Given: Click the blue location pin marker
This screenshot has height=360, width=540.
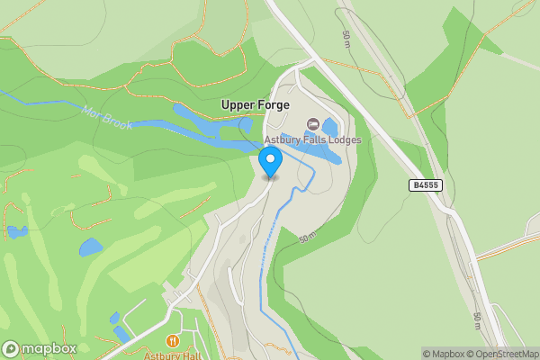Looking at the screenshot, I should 270,163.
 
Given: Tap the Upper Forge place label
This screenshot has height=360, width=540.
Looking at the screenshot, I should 256,105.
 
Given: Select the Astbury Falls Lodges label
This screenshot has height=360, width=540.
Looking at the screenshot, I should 312,140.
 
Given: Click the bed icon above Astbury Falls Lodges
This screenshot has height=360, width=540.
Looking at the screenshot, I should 313,123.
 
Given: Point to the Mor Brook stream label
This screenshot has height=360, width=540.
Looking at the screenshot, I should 107,118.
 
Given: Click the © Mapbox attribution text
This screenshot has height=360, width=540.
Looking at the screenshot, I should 445,354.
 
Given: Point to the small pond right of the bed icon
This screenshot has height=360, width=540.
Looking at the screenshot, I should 330,127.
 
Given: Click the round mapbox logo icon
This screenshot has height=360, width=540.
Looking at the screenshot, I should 11,349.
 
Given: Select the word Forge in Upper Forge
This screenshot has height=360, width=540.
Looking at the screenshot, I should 272,105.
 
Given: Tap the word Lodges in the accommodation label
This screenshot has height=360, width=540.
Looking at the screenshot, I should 344,140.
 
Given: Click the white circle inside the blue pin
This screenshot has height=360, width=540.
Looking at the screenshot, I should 270,158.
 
